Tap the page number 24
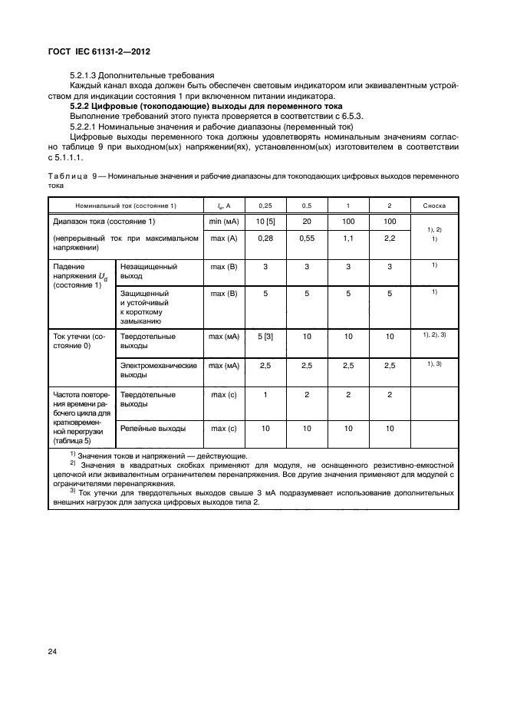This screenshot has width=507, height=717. [x=52, y=651]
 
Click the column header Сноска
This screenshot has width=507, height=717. [x=434, y=206]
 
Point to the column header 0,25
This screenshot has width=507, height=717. [x=265, y=206]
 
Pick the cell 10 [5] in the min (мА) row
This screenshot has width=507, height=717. [x=265, y=222]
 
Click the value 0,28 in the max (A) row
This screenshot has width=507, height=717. [x=265, y=238]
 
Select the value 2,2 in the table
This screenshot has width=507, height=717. [x=390, y=238]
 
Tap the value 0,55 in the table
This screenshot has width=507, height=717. [x=306, y=238]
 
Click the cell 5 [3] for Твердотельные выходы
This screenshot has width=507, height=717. [x=265, y=336]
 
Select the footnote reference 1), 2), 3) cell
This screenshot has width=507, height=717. [x=434, y=336]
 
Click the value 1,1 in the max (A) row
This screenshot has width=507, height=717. [x=348, y=238]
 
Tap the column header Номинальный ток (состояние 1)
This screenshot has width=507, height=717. [x=125, y=206]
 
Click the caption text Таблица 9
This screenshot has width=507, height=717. [x=75, y=176]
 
